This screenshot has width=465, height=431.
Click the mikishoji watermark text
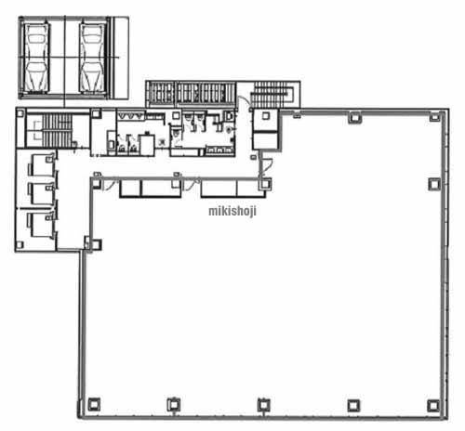232,211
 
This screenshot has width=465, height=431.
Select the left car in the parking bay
37,58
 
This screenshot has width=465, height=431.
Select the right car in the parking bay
92,58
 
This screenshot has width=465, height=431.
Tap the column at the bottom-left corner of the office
94,404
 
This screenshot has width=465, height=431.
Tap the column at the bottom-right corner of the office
433,405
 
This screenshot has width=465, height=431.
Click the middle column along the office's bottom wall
263,405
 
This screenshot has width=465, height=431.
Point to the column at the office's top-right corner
434,117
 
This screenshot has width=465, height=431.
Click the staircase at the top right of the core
272,95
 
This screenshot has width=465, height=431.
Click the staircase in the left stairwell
57,130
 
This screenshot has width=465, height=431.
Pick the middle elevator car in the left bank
41,193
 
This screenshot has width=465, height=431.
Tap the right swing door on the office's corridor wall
193,184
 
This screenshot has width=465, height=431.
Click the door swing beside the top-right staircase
244,102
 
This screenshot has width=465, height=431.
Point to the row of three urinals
130,116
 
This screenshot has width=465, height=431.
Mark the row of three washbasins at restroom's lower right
219,150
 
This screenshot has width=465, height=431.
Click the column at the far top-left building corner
20,113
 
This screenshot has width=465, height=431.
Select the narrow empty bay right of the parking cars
121,58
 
